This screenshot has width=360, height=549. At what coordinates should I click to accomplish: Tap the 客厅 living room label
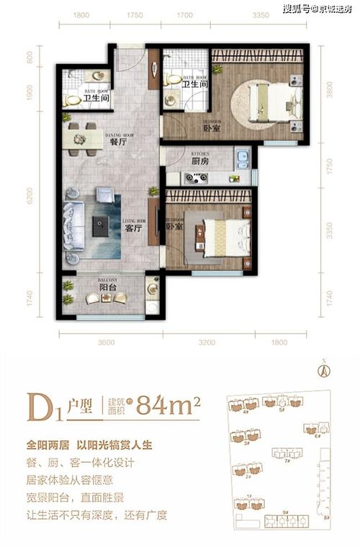[x=131, y=229]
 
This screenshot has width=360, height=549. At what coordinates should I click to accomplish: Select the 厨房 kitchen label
[x=201, y=162]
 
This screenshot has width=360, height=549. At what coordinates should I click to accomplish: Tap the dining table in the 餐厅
[x=78, y=137]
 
